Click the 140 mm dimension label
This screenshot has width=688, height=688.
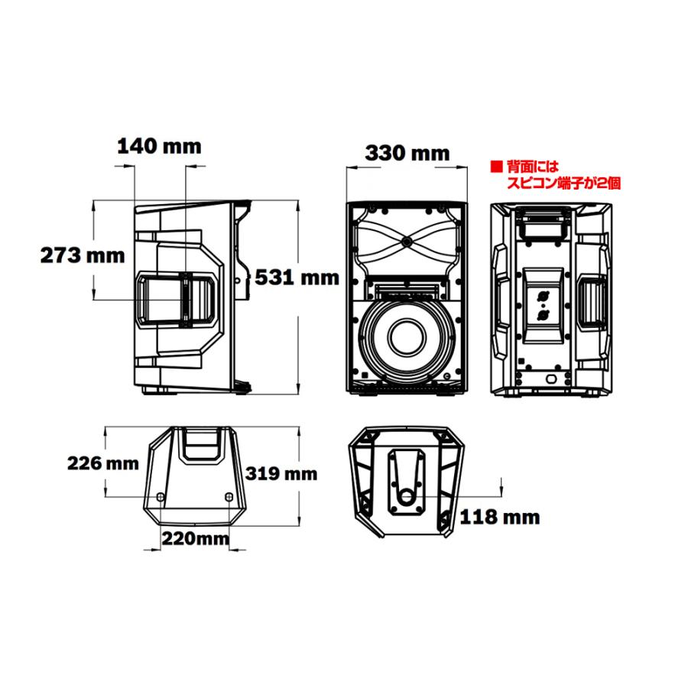coord(159,146)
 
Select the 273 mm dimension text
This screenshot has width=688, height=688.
coord(83,255)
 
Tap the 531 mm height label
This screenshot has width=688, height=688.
coord(297,277)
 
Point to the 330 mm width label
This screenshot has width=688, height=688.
coord(407,153)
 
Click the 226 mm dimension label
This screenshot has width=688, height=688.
coord(102,463)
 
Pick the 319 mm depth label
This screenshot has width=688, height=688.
coord(281,473)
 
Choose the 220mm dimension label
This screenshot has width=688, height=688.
coord(196,538)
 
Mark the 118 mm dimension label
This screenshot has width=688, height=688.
coord(500,518)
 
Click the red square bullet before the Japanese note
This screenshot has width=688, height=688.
coord(496,167)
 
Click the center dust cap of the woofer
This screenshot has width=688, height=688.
coord(407,337)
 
